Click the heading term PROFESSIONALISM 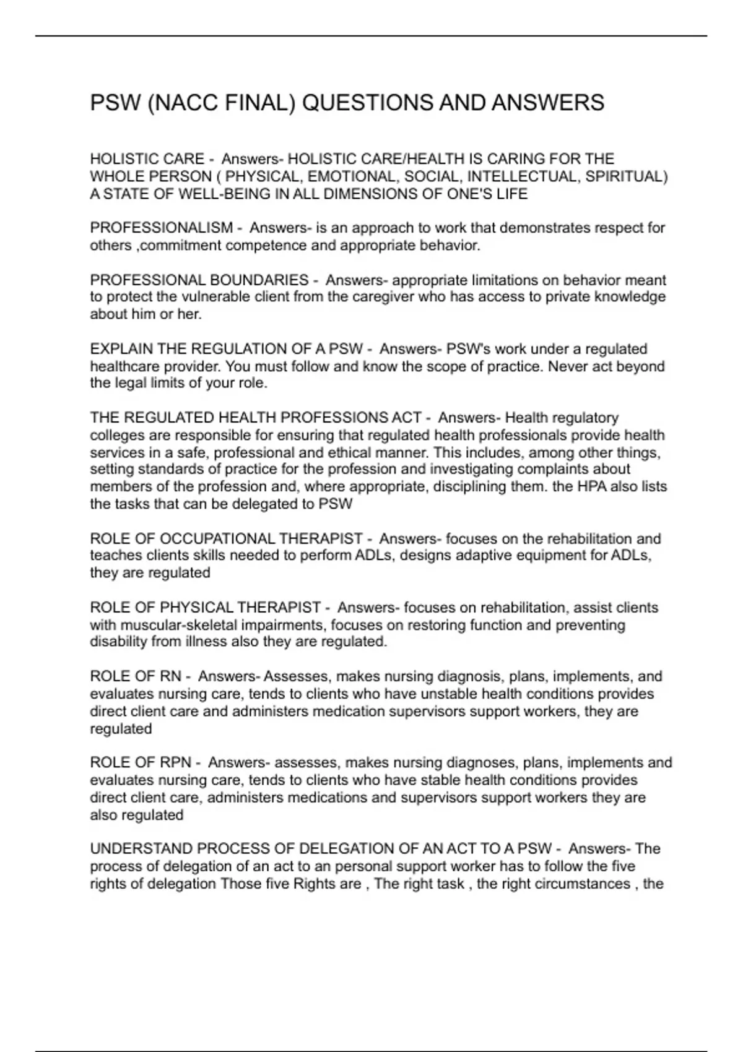tap(162, 228)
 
